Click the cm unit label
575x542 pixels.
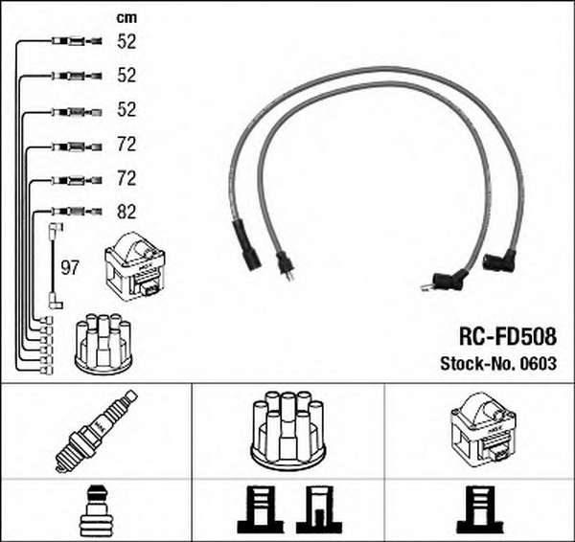click(126, 17)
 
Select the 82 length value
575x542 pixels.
click(126, 212)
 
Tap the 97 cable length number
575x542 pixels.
click(70, 268)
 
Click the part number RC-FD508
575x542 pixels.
click(508, 336)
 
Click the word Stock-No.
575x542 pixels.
click(478, 364)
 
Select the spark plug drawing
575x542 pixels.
click(96, 431)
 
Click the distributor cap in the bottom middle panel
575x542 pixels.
click(287, 431)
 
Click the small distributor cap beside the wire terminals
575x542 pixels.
click(103, 344)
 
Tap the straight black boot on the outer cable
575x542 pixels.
click(247, 245)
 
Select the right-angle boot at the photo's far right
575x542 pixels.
click(499, 260)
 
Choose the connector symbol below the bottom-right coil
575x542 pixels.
click(480, 509)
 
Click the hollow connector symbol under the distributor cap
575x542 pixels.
click(319, 509)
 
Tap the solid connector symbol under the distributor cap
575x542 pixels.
click(261, 509)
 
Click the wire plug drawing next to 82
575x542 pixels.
click(77, 212)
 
